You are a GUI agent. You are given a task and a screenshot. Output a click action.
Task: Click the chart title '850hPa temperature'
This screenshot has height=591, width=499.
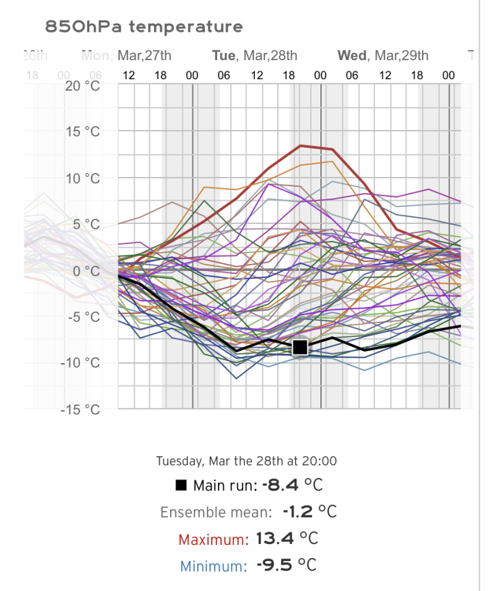pyautogui.click(x=144, y=27)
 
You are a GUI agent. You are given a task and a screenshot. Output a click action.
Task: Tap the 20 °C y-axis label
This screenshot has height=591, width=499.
pyautogui.click(x=82, y=85)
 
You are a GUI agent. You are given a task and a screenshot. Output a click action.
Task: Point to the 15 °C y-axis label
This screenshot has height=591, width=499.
pyautogui.click(x=82, y=132)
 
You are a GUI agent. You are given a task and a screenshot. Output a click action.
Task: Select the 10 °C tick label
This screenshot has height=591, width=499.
pyautogui.click(x=82, y=178)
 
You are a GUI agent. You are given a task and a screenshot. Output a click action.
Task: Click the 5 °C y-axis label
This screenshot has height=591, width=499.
pyautogui.click(x=85, y=224)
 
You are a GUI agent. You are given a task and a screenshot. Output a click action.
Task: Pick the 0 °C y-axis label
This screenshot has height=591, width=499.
pyautogui.click(x=85, y=270)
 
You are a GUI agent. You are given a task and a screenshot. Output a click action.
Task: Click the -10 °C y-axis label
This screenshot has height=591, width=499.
pyautogui.click(x=81, y=362)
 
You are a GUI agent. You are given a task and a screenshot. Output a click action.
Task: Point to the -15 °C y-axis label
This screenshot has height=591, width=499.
pyautogui.click(x=81, y=409)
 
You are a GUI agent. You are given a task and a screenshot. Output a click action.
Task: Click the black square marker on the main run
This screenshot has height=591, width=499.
pyautogui.click(x=300, y=348)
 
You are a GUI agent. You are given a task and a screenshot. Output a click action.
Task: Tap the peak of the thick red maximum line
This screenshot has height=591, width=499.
pyautogui.click(x=300, y=145)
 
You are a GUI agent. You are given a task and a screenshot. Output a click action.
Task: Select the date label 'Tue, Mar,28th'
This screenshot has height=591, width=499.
pyautogui.click(x=254, y=55)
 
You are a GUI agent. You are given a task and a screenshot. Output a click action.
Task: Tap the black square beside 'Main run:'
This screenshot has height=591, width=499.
pyautogui.click(x=181, y=486)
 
